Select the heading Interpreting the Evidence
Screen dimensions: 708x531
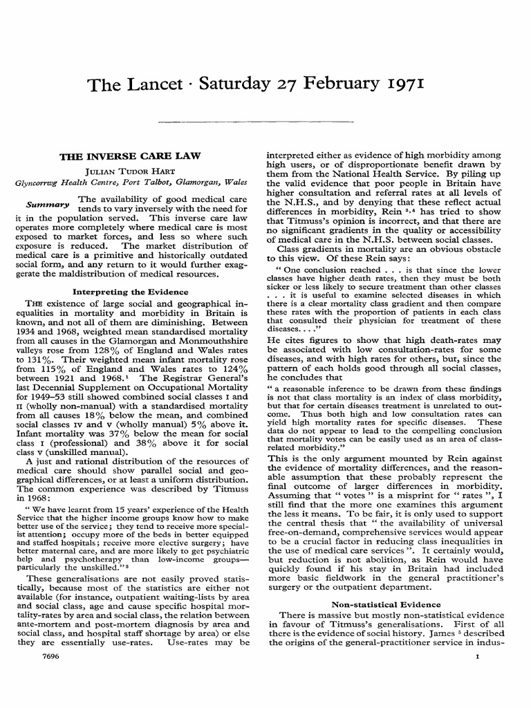pyautogui.click(x=130, y=292)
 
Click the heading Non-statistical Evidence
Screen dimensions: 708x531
pyautogui.click(x=385, y=604)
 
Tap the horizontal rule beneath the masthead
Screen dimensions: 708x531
pyautogui.click(x=265, y=122)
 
